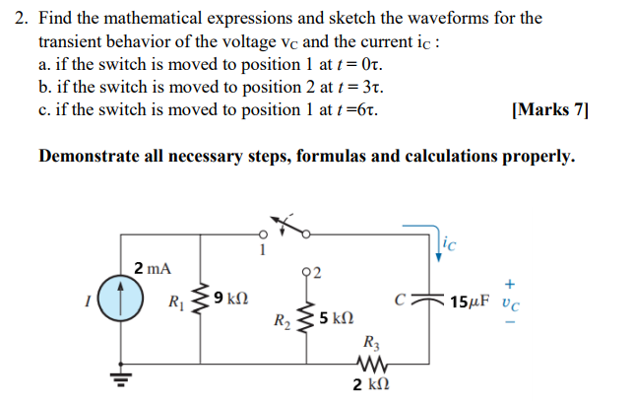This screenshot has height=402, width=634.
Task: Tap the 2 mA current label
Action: click(x=152, y=268)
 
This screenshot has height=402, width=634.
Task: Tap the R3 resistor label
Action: click(x=371, y=343)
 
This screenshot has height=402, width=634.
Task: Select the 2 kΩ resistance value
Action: click(x=373, y=385)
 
